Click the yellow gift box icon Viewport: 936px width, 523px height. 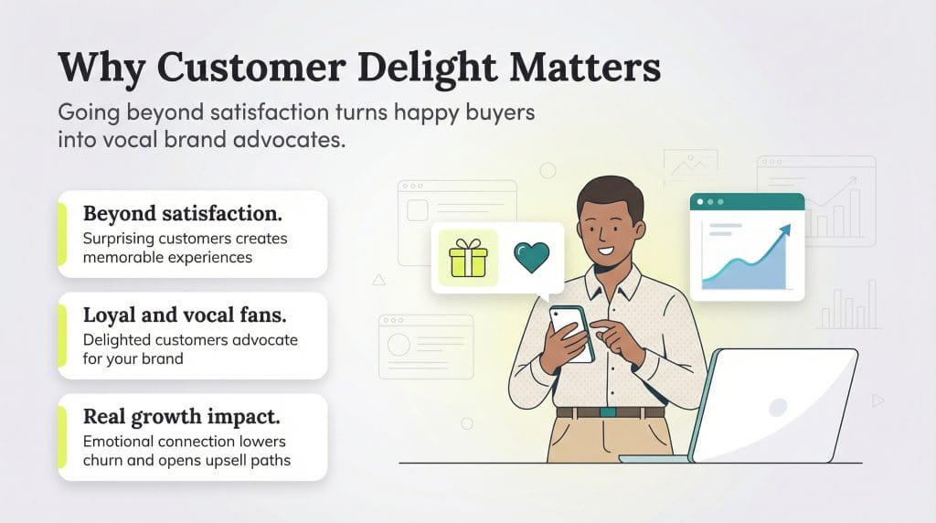click(x=468, y=259)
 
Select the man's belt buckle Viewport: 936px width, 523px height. click(x=608, y=412)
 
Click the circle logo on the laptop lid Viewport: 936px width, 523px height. click(x=778, y=406)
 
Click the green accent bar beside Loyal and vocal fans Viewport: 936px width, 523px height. click(x=62, y=336)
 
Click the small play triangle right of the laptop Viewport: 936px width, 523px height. click(x=877, y=400)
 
